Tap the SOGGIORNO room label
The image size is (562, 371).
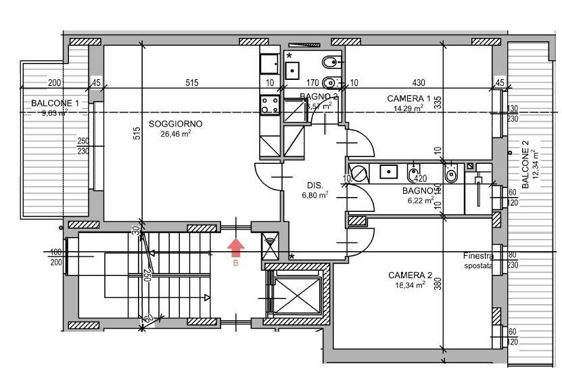click(x=175, y=124)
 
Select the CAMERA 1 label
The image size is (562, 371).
click(x=408, y=99)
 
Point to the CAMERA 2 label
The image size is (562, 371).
click(x=410, y=276)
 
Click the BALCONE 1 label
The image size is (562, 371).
click(x=55, y=104)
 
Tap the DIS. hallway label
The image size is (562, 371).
click(x=315, y=185)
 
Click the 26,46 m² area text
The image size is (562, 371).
click(x=176, y=134)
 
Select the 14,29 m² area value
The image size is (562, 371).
click(x=408, y=108)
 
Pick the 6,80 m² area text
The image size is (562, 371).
click(x=315, y=195)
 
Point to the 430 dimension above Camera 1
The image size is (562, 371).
click(x=419, y=83)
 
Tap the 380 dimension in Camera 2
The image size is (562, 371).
click(x=438, y=285)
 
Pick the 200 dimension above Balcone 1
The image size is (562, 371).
click(x=54, y=83)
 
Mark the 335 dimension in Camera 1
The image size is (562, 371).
click(x=438, y=102)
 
